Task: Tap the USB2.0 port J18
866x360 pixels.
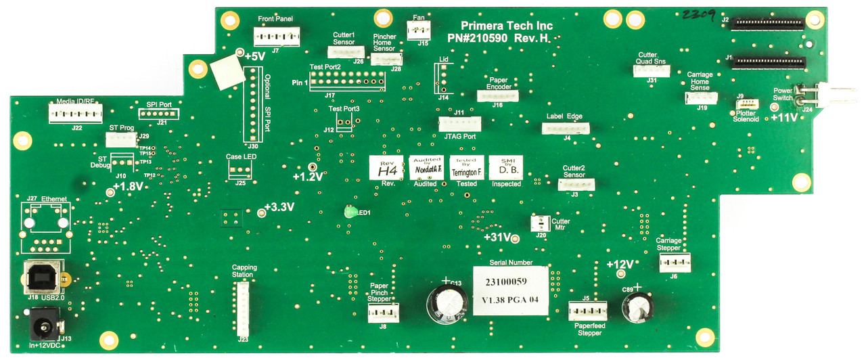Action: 44,277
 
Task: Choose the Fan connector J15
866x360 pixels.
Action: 419,29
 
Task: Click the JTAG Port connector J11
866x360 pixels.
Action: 459,124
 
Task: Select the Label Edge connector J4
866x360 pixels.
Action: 566,128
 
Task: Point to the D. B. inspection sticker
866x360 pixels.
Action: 505,168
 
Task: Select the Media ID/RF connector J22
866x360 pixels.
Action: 75,112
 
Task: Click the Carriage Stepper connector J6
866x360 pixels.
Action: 675,262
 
